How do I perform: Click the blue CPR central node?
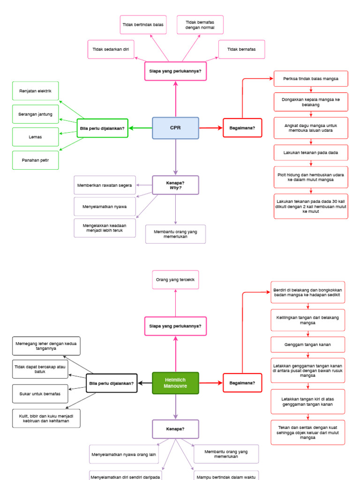pos(176,128)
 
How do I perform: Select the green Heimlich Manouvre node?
pos(176,383)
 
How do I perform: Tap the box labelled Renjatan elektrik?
pos(36,91)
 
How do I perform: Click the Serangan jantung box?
pos(36,114)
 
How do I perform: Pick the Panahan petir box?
pos(36,160)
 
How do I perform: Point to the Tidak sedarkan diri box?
pos(111,49)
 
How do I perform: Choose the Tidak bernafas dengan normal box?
pos(200,25)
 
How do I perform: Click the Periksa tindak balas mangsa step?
pos(311,78)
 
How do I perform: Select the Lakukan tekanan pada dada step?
pos(311,153)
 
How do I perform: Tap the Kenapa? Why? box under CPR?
pos(176,185)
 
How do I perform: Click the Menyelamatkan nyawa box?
pos(105,206)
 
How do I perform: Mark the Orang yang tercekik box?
pos(176,280)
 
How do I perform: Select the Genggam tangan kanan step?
pos(307,345)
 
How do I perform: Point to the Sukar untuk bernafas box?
pos(40,394)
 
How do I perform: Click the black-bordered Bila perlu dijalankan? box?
pos(112,383)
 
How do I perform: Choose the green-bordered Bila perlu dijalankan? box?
pos(103,128)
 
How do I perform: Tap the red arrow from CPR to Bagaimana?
pos(211,128)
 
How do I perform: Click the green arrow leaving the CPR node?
pos(140,128)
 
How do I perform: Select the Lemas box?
pos(36,137)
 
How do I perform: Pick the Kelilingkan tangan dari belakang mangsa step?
pos(307,320)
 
